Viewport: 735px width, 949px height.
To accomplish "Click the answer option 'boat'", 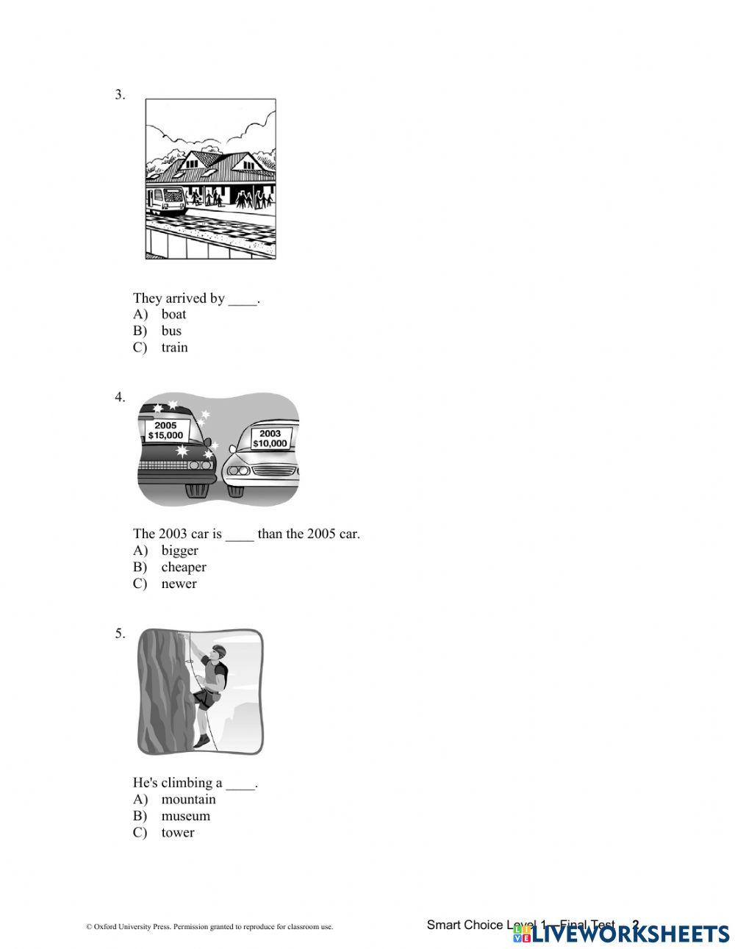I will (173, 315).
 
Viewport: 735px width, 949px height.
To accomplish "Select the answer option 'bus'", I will (171, 331).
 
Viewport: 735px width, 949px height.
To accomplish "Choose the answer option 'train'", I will (174, 348).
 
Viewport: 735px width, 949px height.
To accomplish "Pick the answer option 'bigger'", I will (179, 551).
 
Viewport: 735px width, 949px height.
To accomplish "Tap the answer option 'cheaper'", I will (184, 567).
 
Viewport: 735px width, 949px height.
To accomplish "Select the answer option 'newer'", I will (179, 584).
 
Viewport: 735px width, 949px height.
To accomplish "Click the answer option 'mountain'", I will (188, 800).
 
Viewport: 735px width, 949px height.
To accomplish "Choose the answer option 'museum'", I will (185, 816).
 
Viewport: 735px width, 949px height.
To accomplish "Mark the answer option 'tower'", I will (178, 833).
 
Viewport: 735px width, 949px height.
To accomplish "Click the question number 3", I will (120, 94).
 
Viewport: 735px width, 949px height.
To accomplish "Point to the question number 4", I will (120, 397).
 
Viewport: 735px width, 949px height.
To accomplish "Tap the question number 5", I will (120, 633).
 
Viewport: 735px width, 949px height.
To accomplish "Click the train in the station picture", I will (165, 199).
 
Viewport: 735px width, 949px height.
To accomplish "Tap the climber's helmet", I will (218, 649).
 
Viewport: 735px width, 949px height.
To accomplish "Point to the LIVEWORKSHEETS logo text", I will (630, 934).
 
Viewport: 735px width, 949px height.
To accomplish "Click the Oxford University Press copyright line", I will (209, 928).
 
